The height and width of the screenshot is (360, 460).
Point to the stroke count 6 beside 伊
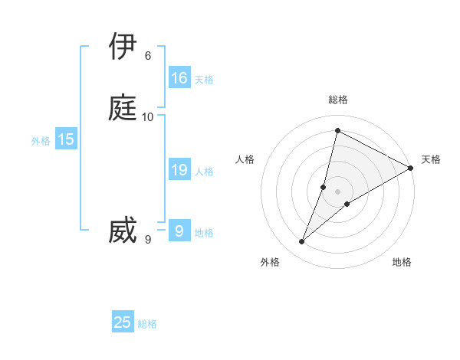click(x=148, y=56)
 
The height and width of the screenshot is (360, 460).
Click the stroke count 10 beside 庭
click(x=148, y=116)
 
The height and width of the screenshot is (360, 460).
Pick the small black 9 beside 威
click(x=148, y=241)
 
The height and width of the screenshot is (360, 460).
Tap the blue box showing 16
click(x=179, y=78)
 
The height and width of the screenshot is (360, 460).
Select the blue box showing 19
click(x=179, y=170)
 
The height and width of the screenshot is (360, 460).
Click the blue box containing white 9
click(x=179, y=231)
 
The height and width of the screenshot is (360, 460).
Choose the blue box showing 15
click(x=66, y=139)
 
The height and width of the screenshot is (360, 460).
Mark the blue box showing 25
click(x=123, y=322)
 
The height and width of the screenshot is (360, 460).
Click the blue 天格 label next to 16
click(x=204, y=80)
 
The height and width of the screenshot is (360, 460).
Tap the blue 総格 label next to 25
click(x=147, y=324)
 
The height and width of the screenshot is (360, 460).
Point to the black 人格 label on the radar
click(x=245, y=159)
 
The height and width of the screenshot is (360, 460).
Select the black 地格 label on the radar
click(x=402, y=262)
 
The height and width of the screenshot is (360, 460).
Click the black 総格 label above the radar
click(x=338, y=100)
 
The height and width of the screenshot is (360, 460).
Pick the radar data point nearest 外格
click(x=302, y=242)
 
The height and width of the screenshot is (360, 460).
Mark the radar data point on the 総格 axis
click(x=337, y=131)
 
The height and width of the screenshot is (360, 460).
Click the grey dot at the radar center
click(x=338, y=191)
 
